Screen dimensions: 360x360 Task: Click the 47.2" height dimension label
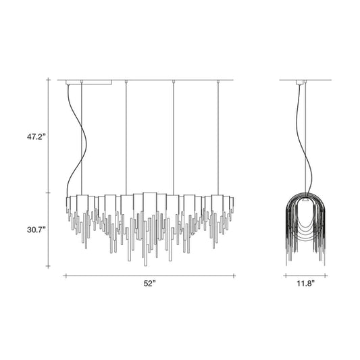[x=36, y=137]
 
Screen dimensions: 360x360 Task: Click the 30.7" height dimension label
[x=36, y=230]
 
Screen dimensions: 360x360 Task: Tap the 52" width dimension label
[x=150, y=284]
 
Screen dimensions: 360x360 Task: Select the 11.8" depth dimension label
[x=305, y=284]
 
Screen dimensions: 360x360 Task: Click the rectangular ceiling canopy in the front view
[x=89, y=82]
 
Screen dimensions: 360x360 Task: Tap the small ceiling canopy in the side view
[x=299, y=82]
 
